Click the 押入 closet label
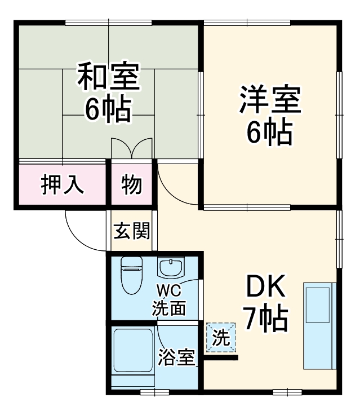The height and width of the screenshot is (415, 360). (62, 184)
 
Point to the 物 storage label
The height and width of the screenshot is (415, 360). (132, 184)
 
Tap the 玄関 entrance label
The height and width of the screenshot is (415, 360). (132, 231)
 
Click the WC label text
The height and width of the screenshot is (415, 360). (168, 292)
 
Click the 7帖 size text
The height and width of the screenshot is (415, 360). (265, 320)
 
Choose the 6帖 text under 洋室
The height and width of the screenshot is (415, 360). (269, 133)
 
